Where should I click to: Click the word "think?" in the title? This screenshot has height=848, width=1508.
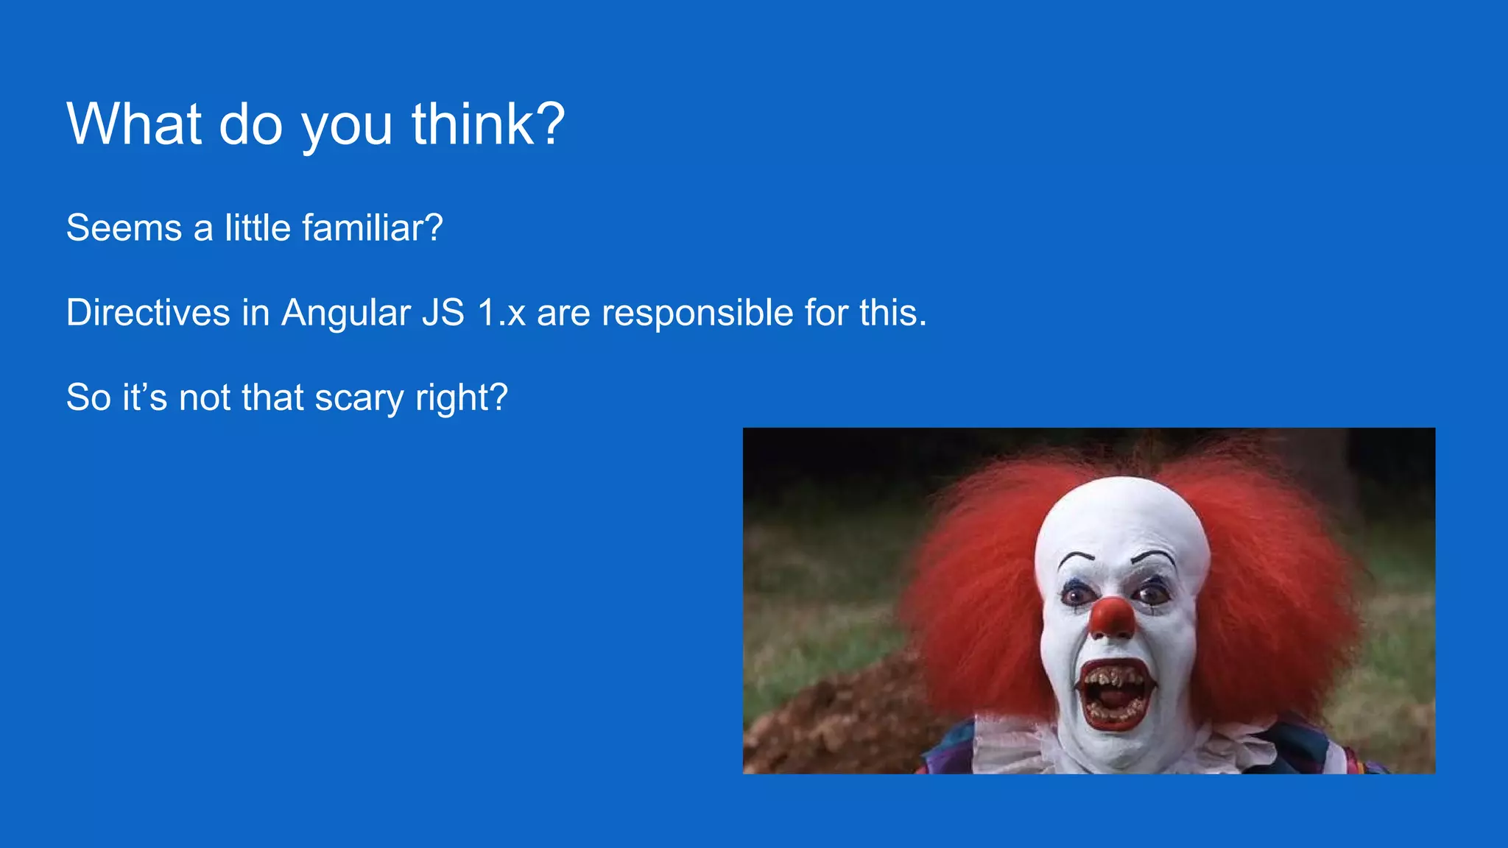point(488,124)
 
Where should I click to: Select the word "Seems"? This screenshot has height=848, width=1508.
point(124,227)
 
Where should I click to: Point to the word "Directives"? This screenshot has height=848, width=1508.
point(148,312)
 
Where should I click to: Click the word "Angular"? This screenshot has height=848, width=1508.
point(346,312)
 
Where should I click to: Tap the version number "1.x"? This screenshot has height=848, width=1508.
point(501,312)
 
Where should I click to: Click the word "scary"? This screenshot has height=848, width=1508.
point(359,397)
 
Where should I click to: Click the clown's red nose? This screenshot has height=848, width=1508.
point(1112,617)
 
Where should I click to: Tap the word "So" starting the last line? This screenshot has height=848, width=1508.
point(88,397)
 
